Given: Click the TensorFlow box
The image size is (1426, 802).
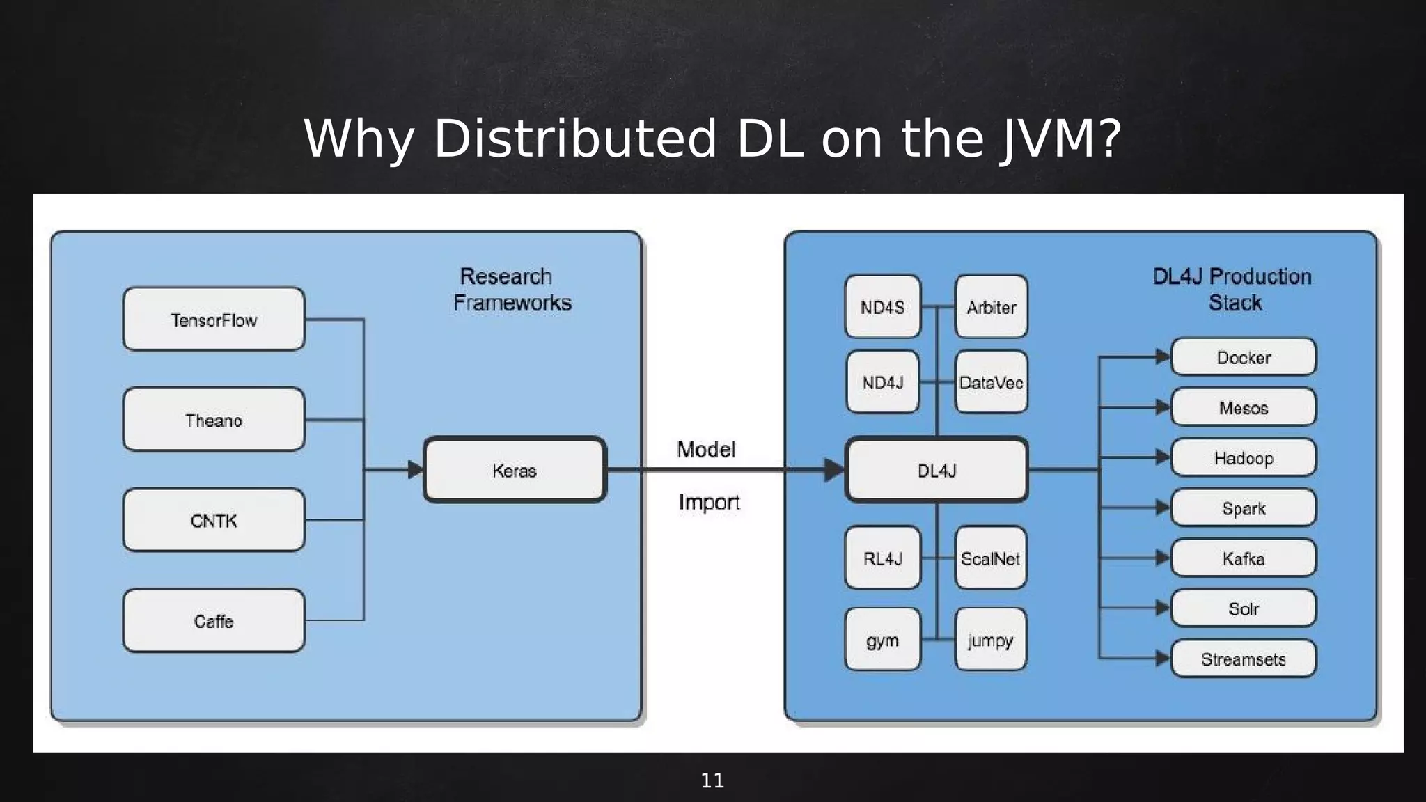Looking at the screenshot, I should tap(214, 320).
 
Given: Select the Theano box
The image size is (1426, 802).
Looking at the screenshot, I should tap(214, 420).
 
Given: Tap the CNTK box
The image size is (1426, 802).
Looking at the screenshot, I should tap(214, 520).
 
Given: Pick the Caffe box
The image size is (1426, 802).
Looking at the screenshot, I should tap(214, 620).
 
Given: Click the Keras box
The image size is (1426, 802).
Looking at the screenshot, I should tap(515, 470).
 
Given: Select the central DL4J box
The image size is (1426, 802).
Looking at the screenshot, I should tap(937, 470).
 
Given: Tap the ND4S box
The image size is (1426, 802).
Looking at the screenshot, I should tap(882, 306).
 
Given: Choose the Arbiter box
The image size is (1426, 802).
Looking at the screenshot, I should tap(991, 306).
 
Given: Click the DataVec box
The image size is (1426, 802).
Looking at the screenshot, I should tap(991, 382).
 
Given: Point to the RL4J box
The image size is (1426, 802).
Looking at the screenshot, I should tap(882, 558).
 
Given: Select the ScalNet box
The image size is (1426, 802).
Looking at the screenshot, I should tap(991, 558).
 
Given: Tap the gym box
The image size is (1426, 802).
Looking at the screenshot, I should tap(882, 640).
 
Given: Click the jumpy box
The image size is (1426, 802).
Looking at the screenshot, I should tap(991, 640).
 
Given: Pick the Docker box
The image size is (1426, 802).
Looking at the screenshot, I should tap(1244, 357).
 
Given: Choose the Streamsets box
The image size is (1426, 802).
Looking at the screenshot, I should tap(1244, 659).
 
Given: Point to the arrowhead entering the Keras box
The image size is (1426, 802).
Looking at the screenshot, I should tap(416, 470).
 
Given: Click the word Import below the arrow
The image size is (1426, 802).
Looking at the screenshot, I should tap(709, 502).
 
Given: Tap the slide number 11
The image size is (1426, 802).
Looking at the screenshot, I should tap(712, 780).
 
